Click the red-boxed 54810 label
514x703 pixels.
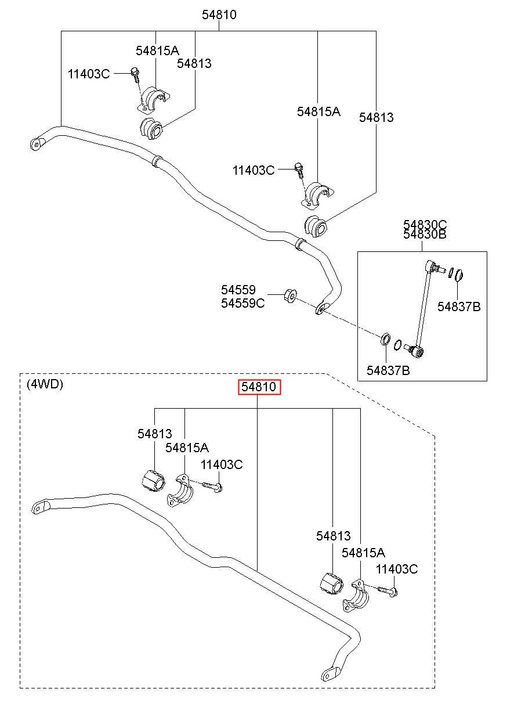pyautogui.click(x=259, y=387)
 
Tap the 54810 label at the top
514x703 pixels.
pyautogui.click(x=219, y=15)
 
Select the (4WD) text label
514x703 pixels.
pyautogui.click(x=45, y=384)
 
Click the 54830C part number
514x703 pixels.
pyautogui.click(x=425, y=225)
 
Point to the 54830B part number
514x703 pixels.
pyautogui.click(x=425, y=234)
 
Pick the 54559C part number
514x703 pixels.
pyautogui.click(x=242, y=303)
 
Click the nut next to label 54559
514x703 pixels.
pyautogui.click(x=291, y=295)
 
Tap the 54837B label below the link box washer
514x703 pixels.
pyautogui.click(x=388, y=370)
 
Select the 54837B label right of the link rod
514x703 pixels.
pyautogui.click(x=459, y=307)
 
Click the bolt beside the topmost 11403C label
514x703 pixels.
pyautogui.click(x=136, y=75)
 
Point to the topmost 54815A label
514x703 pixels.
pyautogui.click(x=157, y=51)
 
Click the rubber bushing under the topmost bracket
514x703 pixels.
pyautogui.click(x=151, y=129)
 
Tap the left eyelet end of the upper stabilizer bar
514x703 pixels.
pyautogui.click(x=36, y=145)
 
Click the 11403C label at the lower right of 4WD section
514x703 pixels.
pyautogui.click(x=397, y=569)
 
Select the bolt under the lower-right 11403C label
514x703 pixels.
pyautogui.click(x=388, y=592)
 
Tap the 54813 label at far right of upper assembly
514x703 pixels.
pyautogui.click(x=376, y=117)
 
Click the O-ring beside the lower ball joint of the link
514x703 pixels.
pyautogui.click(x=397, y=344)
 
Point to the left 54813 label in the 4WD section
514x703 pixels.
pyautogui.click(x=155, y=434)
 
